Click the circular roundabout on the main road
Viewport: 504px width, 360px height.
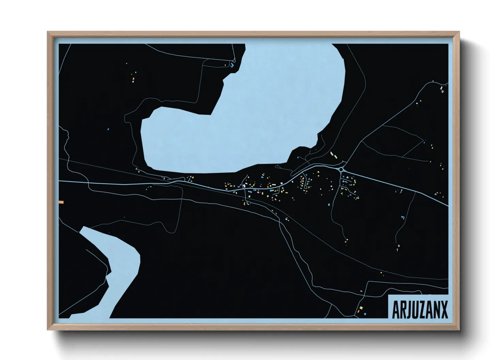pos(341,169)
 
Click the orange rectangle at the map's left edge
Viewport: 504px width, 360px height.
pos(61,202)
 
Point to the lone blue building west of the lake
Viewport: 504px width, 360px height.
pos(108,129)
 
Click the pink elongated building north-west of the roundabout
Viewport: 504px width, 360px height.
pos(331,153)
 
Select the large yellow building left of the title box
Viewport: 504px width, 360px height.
pos(361,308)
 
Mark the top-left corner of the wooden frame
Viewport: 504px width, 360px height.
pos(48,32)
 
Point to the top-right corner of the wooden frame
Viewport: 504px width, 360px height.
pos(459,32)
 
